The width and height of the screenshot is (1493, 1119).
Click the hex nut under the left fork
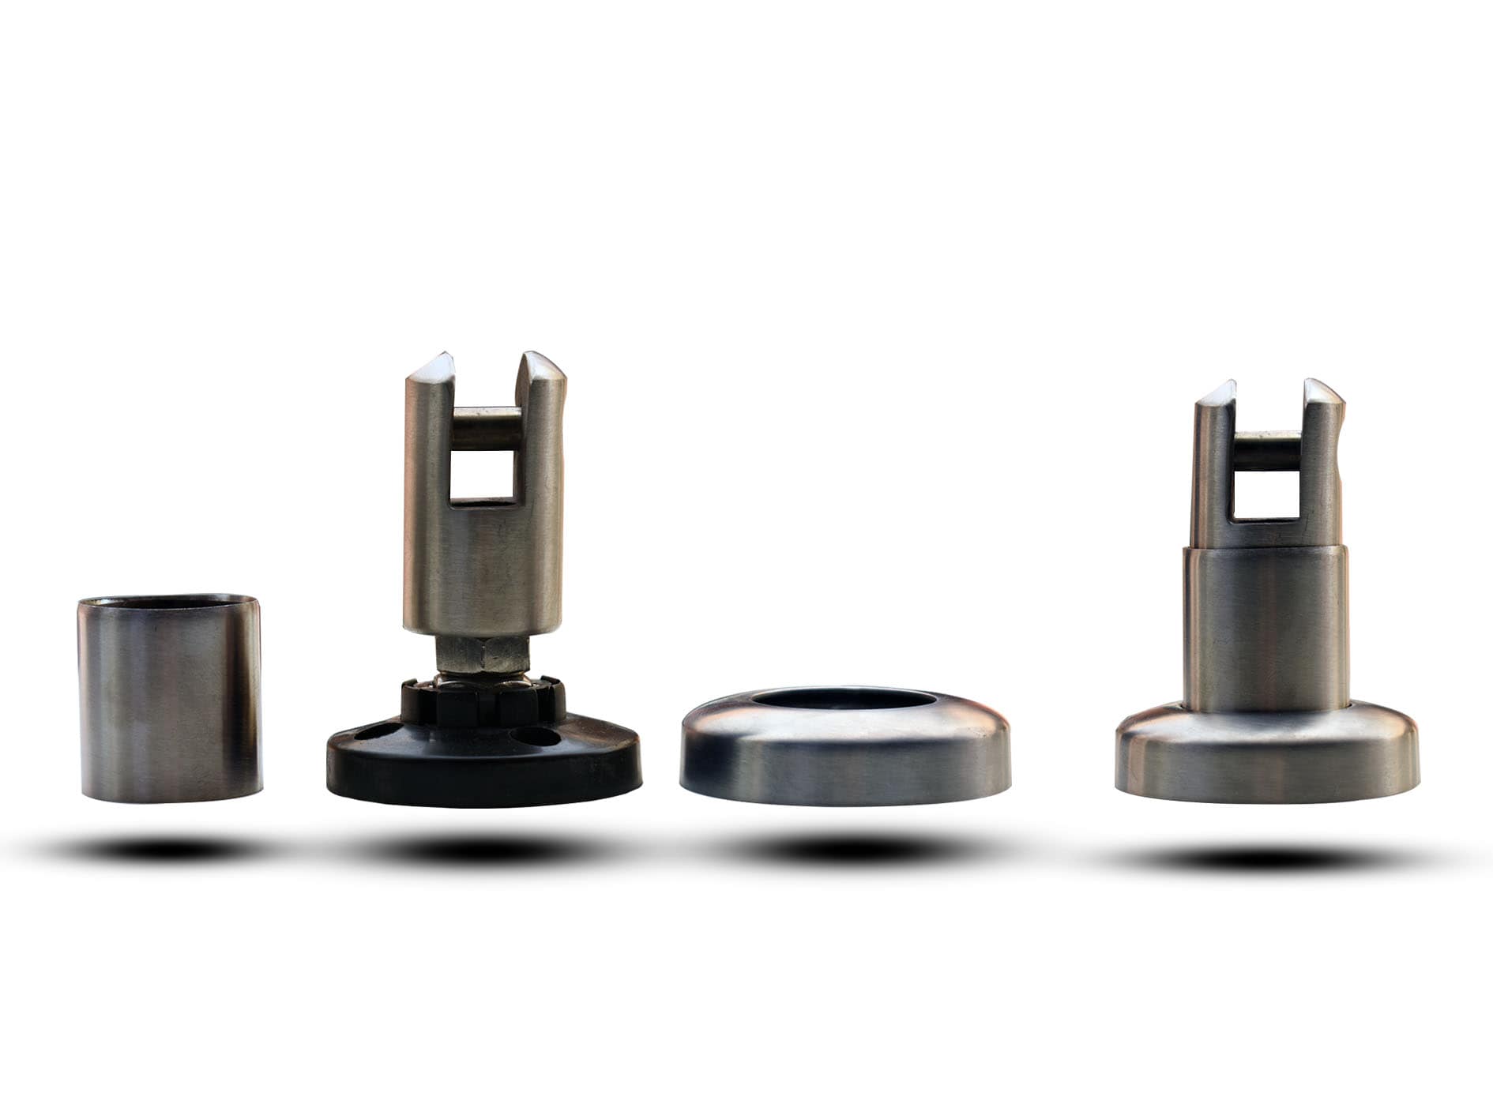[483, 653]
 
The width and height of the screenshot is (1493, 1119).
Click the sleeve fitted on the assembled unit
[1265, 632]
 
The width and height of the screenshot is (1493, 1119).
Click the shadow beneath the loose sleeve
[162, 850]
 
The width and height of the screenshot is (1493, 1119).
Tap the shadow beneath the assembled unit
[1256, 858]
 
